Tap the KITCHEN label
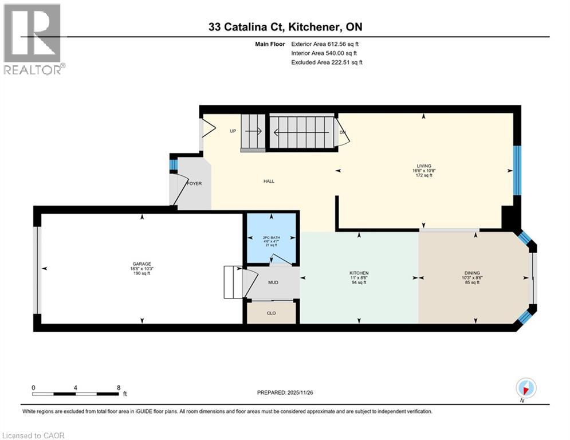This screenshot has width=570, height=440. click(x=359, y=273)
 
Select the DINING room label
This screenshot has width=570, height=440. click(x=472, y=273)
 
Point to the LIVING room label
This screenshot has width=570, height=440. click(x=424, y=166)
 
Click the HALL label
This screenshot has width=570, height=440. click(x=269, y=181)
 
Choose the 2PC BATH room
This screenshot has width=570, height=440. click(x=270, y=237)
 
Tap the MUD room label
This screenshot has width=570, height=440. click(x=273, y=282)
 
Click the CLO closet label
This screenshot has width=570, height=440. click(x=272, y=313)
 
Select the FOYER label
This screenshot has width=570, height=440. click(x=195, y=184)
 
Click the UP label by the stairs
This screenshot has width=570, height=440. click(x=233, y=131)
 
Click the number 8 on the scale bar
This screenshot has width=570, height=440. click(x=119, y=387)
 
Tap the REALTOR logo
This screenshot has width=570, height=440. click(x=33, y=39)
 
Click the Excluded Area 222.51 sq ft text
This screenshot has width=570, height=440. click(x=327, y=62)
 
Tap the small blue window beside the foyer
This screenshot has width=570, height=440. click(x=172, y=165)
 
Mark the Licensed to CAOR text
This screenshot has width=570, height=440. click(x=34, y=435)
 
